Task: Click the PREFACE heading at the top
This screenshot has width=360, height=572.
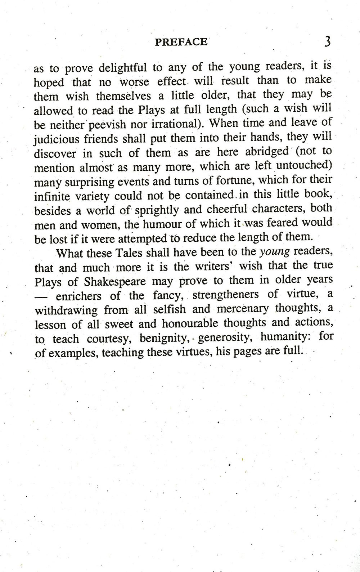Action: point(181,42)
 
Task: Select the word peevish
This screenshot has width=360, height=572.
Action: point(107,125)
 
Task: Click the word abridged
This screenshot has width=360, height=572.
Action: point(267,151)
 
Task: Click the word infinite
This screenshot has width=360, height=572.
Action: point(53,196)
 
